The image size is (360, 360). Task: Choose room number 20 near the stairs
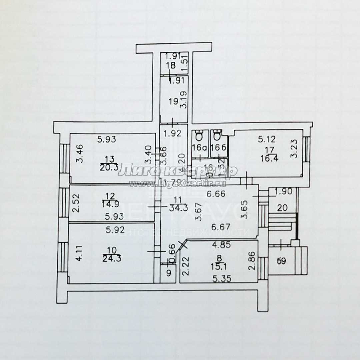282,208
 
